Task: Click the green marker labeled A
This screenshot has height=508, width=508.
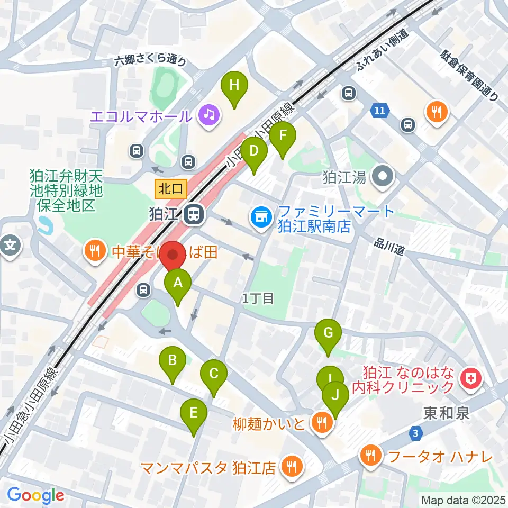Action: (178, 284)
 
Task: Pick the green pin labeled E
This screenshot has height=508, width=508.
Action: (193, 413)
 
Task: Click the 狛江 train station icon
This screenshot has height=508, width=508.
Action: (193, 215)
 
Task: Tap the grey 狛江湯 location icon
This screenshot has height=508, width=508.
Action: (383, 176)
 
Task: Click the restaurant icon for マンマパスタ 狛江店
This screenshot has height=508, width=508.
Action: (291, 466)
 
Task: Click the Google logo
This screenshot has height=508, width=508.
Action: (35, 495)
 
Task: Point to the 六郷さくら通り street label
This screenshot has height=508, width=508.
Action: (151, 62)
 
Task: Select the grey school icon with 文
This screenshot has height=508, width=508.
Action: (11, 246)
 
